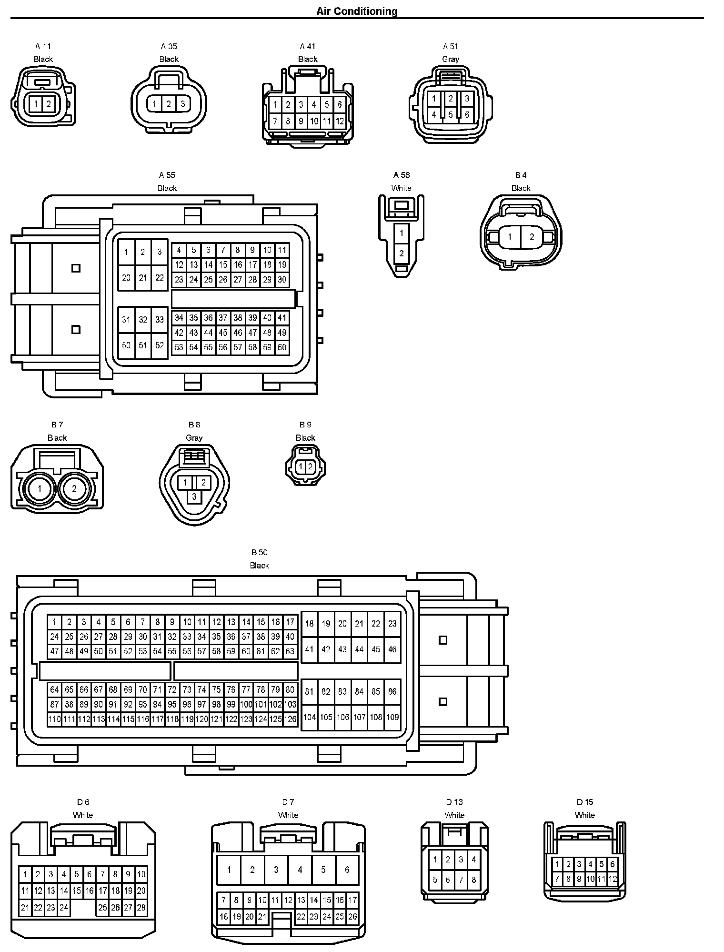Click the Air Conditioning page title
[x=357, y=11]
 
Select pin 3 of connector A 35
[x=183, y=104]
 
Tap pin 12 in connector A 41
[x=340, y=122]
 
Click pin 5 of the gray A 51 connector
[x=450, y=115]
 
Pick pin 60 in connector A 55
[x=282, y=347]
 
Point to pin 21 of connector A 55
[x=143, y=277]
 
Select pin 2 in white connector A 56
[x=402, y=253]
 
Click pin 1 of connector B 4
[x=510, y=237]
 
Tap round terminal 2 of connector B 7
[x=74, y=488]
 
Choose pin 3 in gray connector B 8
[x=194, y=496]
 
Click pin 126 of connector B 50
[x=290, y=719]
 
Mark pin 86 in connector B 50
[x=392, y=691]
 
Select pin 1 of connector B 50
[x=55, y=622]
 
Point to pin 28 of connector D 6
[x=141, y=908]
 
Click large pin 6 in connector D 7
[x=347, y=870]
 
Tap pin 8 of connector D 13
[x=473, y=880]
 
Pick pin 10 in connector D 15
[x=590, y=879]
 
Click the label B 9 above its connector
[x=305, y=425]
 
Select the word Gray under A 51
[x=450, y=59]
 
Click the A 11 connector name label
[x=43, y=46]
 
